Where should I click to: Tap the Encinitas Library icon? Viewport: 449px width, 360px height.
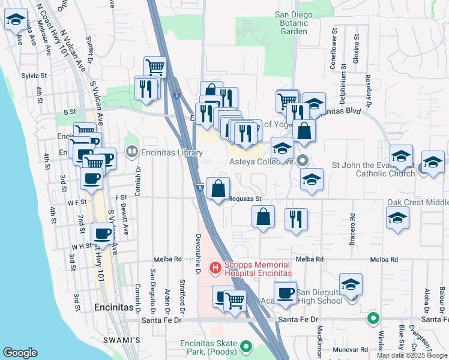(131, 152)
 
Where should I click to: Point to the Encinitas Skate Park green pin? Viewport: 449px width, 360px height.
(245, 347)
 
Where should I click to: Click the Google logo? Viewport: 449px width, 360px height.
(20, 353)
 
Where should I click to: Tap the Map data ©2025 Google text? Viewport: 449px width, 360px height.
(412, 355)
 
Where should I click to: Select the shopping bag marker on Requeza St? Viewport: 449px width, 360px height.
(218, 188)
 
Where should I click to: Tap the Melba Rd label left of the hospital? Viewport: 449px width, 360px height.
(167, 259)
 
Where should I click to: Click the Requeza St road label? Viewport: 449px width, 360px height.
(246, 199)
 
